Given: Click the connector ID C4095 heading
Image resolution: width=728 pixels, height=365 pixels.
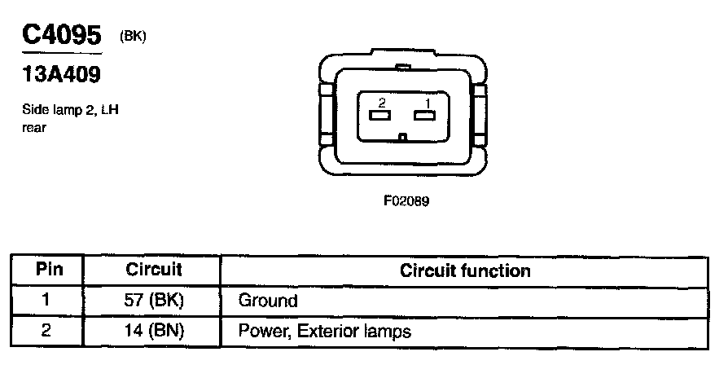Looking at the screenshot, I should [x=61, y=35].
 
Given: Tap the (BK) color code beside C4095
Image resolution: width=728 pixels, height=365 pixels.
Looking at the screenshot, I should [x=132, y=37].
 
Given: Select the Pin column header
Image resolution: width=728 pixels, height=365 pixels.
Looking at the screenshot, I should [x=46, y=270].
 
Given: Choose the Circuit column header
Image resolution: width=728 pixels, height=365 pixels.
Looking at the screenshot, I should [x=154, y=270].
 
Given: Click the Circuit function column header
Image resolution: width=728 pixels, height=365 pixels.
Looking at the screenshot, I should [x=465, y=270].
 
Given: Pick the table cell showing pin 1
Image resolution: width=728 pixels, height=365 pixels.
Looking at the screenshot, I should [x=46, y=300].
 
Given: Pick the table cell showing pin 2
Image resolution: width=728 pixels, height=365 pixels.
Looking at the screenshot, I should [x=46, y=331].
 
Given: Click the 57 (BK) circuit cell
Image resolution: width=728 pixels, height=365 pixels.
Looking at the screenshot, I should [x=154, y=301].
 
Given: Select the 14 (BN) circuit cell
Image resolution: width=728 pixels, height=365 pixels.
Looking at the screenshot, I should [x=154, y=332].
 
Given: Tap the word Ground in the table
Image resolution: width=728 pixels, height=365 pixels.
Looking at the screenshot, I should [x=268, y=301].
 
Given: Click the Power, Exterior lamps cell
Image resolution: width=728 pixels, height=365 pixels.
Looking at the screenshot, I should [x=324, y=332].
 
